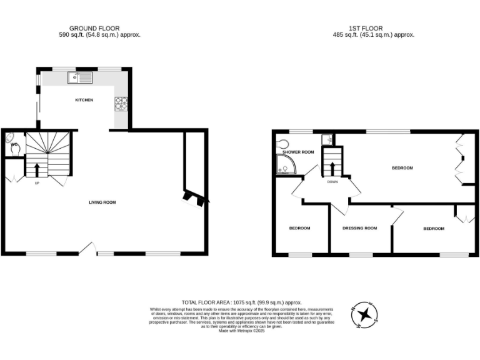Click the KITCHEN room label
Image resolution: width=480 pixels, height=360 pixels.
84,100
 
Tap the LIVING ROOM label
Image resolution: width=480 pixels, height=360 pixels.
102,202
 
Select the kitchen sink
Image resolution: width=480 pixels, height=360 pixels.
81,77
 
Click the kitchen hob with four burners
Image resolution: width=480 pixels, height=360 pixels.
121,103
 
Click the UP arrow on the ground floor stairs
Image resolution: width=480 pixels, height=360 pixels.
36,169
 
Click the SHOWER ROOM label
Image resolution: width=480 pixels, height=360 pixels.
297,152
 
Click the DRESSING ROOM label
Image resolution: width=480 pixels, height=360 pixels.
360,228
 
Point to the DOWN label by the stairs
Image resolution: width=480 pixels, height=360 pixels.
332,182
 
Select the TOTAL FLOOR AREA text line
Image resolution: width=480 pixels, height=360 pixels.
241,301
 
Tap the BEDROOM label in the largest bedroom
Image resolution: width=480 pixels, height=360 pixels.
402,167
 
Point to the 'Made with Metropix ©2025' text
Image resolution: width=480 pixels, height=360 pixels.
241,331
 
